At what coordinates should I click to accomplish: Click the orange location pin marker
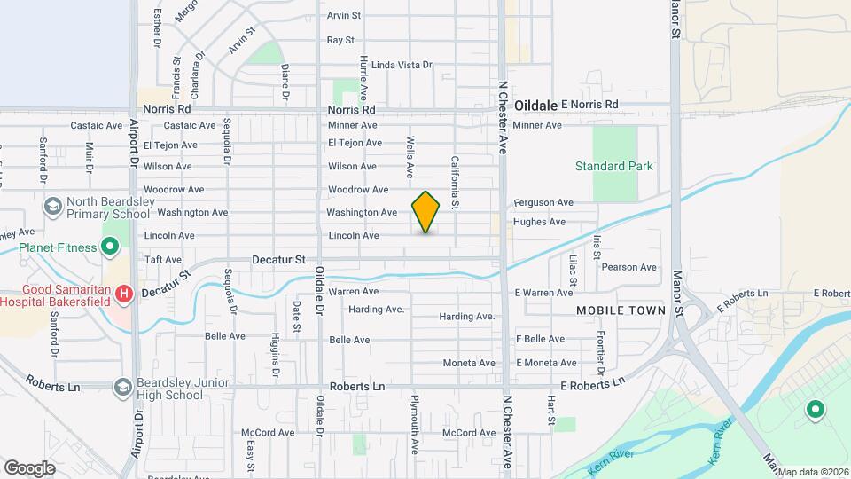pos(425,212)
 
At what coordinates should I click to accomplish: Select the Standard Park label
pos(613,166)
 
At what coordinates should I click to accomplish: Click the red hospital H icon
pos(125,293)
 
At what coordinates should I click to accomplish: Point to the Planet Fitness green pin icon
pos(110,247)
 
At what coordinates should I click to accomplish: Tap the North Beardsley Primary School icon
pos(53,207)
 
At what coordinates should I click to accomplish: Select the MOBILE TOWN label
pos(621,310)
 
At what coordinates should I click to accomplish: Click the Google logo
pos(29,467)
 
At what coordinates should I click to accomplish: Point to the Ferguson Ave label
pos(543,202)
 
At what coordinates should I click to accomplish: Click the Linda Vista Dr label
pos(402,65)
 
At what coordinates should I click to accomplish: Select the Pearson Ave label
pos(628,267)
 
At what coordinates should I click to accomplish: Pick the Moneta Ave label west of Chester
pos(469,363)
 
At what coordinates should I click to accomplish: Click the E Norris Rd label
pos(589,105)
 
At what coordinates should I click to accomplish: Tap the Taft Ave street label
pos(162,260)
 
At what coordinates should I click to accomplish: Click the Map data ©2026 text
pos(813,471)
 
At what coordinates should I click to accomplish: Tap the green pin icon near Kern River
pos(814,410)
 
